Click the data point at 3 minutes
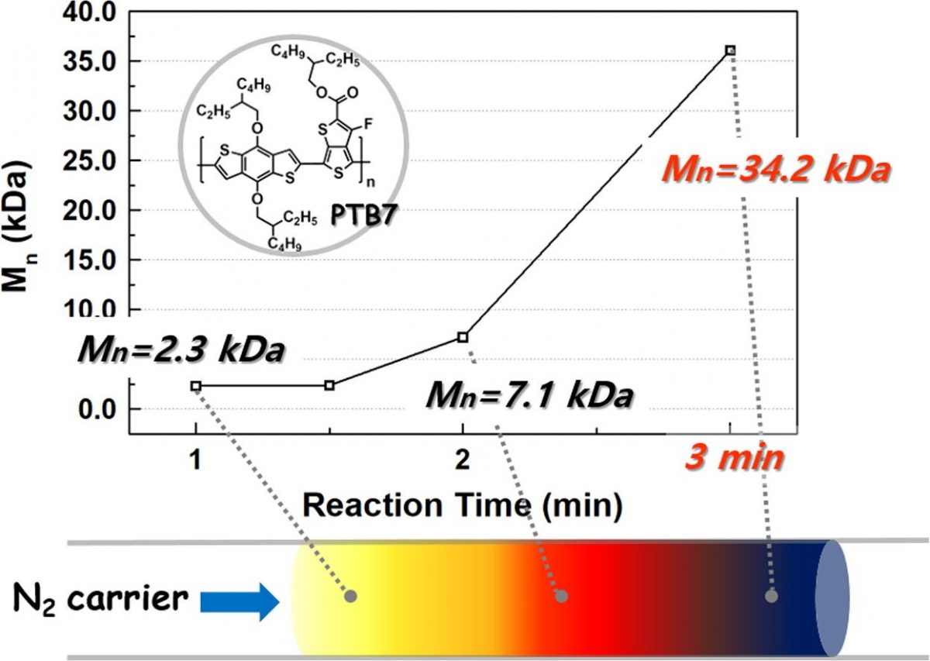[x=729, y=50]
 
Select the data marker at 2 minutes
[x=463, y=337]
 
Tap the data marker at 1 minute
[x=196, y=385]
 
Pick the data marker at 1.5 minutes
[x=329, y=385]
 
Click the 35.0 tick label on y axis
[x=82, y=61]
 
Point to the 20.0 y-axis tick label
[x=82, y=210]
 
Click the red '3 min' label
[x=733, y=459]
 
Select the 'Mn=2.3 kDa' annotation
[x=181, y=351]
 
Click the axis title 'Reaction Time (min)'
[x=463, y=505]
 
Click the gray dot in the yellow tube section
[x=350, y=596]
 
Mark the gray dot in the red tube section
[x=562, y=596]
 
